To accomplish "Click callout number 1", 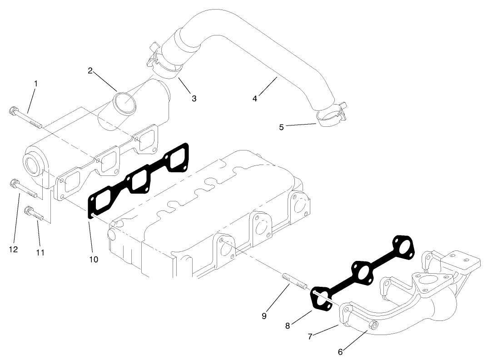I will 36,84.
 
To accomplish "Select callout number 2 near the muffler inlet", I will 90,70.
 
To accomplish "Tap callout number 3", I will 194,98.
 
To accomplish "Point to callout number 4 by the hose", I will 255,98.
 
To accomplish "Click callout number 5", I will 282,127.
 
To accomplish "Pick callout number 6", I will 341,352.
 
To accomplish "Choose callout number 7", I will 310,336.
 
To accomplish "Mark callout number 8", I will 287,325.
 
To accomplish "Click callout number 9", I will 264,316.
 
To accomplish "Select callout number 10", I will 94,259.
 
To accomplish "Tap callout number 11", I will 40,252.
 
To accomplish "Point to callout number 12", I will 14,249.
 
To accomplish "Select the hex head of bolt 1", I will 14,110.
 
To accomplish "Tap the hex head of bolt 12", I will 14,184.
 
